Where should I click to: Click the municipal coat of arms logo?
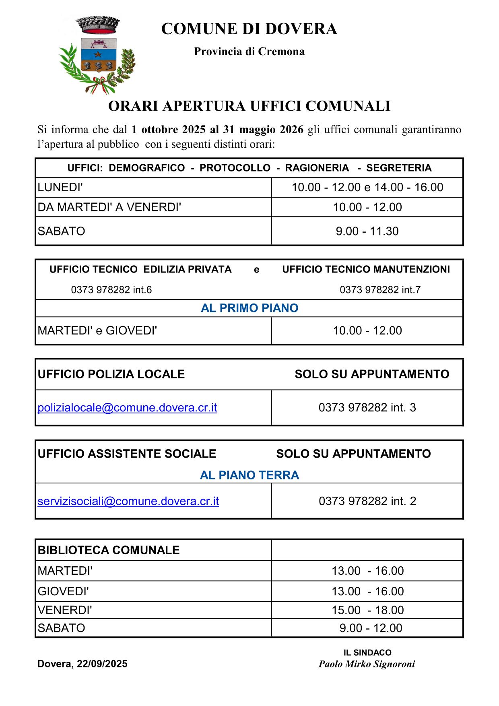pos(97,54)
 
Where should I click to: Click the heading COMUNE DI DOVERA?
pos(249,29)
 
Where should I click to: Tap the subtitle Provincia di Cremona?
pos(249,52)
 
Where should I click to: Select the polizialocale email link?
pos(127,408)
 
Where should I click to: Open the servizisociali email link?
pos(128,501)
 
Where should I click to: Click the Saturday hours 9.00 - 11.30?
pos(367,231)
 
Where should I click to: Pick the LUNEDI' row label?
pos(60,187)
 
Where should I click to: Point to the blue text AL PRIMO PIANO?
pos(249,308)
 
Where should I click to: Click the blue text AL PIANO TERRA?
pos(249,475)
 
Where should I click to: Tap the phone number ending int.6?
pos(111,290)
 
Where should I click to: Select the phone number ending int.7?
pos(380,290)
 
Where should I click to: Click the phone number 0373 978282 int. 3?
pos(367,408)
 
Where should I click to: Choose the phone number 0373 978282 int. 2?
pos(367,501)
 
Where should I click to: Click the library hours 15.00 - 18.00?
pos(367,610)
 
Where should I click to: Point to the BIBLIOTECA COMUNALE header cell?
pos(109,550)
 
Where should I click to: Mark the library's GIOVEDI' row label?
pos(63,591)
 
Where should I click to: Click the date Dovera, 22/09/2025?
pos(82,664)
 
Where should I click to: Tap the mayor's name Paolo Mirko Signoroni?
pos(367,664)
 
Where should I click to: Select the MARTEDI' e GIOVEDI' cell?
pos(97,330)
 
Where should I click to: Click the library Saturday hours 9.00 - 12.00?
pos(371,628)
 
